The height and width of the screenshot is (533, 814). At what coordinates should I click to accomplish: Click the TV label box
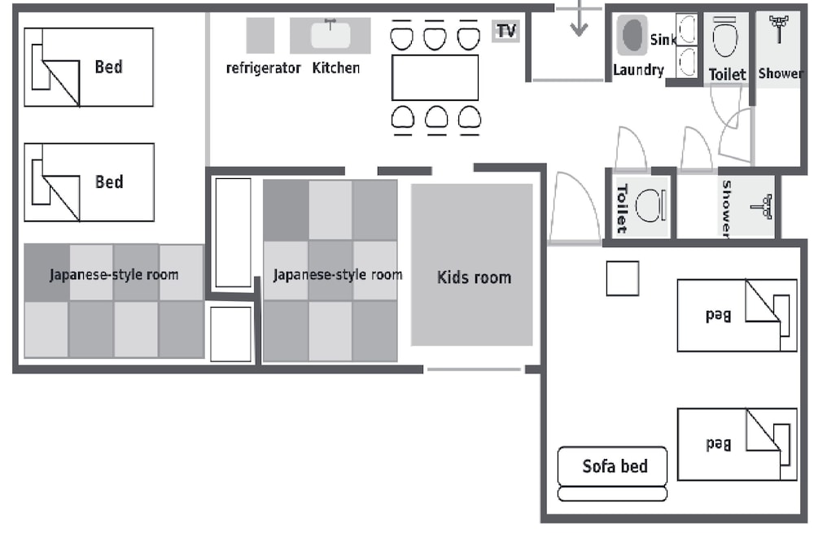point(505,31)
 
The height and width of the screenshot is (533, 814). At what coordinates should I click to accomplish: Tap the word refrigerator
point(263,68)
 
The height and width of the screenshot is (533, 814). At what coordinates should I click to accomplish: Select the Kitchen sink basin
point(330,35)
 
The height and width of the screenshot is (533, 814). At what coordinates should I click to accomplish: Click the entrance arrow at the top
point(579,18)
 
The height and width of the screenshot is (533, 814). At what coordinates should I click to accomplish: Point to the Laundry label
point(638,70)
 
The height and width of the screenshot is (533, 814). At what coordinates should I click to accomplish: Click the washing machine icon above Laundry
point(632,35)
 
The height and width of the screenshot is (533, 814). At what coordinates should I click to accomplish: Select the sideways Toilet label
point(622,208)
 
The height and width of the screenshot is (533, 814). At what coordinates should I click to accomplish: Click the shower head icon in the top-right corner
point(779,29)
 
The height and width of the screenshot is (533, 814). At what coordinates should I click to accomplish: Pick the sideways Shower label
point(727,209)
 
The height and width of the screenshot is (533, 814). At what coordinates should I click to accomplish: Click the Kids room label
point(474,277)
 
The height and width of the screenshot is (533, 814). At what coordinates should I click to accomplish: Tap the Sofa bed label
point(615,466)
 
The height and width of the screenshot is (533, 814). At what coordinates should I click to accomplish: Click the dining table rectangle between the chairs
point(435,78)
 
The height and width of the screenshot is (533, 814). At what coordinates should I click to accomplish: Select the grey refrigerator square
point(260,35)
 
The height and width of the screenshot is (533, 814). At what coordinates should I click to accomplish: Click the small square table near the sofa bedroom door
point(623,278)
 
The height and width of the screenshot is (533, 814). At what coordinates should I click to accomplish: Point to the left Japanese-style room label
point(114,274)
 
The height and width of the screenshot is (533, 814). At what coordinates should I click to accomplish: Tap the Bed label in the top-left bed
point(108,67)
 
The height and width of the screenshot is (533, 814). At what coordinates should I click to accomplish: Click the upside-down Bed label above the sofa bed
point(719,443)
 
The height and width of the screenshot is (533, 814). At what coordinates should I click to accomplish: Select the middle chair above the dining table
point(435,35)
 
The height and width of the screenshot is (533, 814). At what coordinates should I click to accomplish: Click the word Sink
point(663,39)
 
